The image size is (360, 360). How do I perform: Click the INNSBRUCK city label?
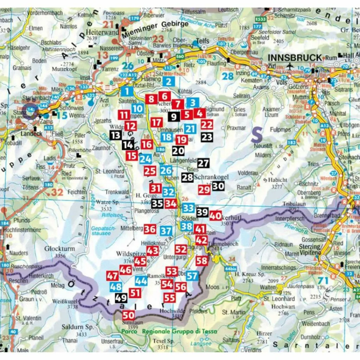(x=295, y=58)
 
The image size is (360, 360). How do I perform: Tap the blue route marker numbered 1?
(x=127, y=92)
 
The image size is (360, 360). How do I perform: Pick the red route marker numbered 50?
(x=129, y=315)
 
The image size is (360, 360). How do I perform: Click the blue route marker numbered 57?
(x=192, y=276)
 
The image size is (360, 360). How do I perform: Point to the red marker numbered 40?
(x=216, y=216)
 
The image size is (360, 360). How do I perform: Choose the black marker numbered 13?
(x=115, y=135)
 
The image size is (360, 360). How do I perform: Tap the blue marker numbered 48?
(x=116, y=287)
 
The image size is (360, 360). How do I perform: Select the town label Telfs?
(x=202, y=41)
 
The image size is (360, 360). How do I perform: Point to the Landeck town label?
(x=32, y=134)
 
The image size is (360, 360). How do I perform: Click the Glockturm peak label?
(x=59, y=249)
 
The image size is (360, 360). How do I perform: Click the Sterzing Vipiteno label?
(x=310, y=249)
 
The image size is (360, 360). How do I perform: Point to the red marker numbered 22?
(x=207, y=124)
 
